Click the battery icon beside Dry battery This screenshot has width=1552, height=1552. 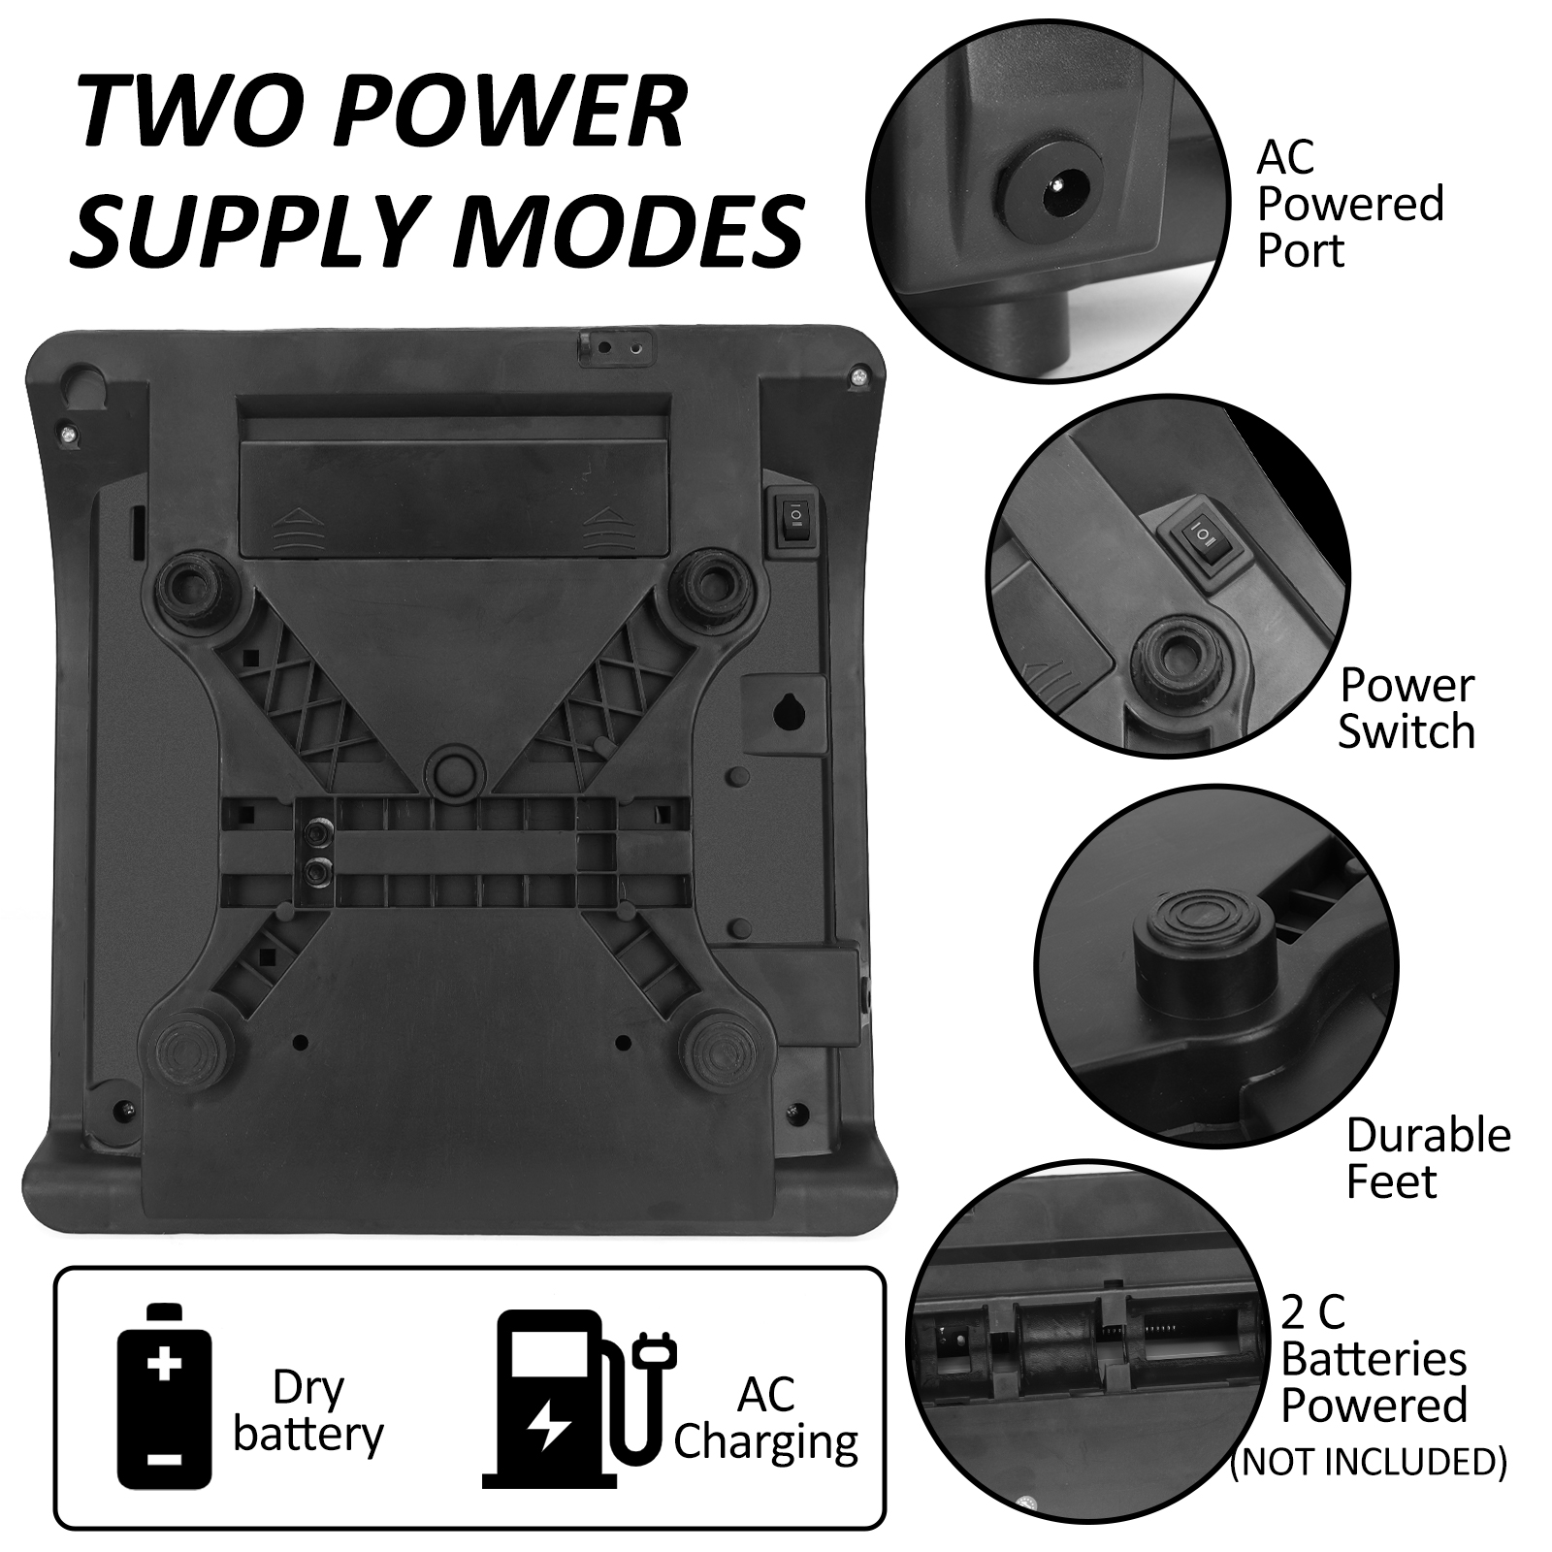164,1398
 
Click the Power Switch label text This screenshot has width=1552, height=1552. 1406,709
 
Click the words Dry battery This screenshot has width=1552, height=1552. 308,1411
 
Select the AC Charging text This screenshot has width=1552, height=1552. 765,1417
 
